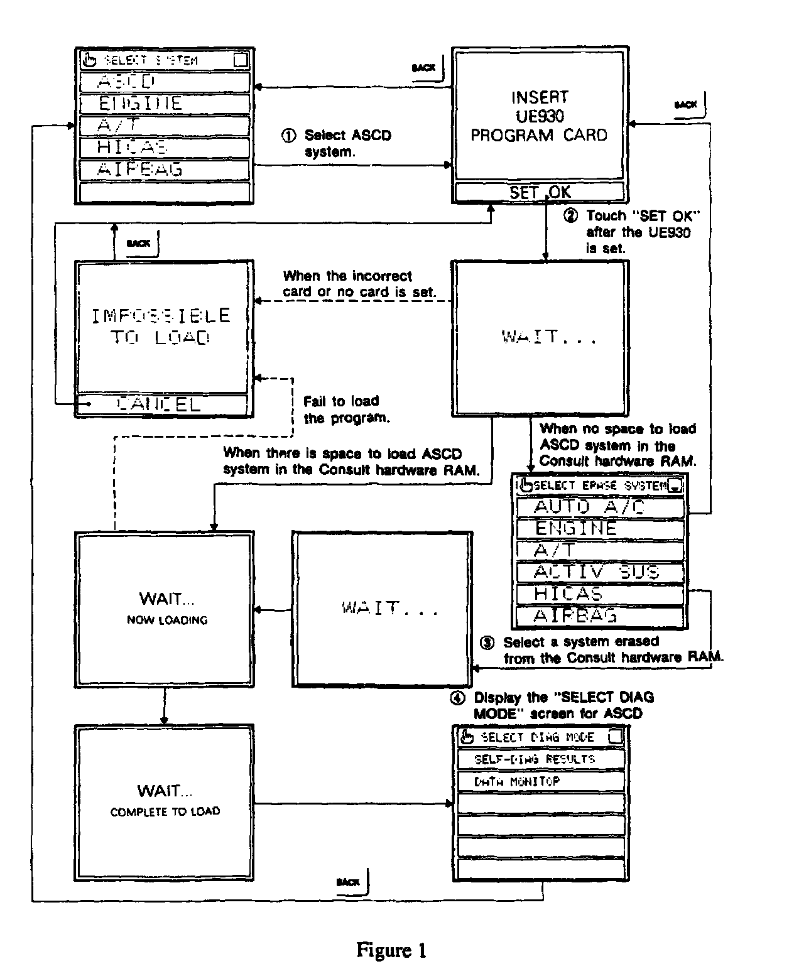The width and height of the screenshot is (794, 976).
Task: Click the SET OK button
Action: [540, 192]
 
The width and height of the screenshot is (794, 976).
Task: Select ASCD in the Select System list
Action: [165, 82]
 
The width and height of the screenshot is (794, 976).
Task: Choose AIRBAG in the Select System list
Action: [165, 170]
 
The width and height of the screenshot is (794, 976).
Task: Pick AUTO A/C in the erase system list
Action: [599, 507]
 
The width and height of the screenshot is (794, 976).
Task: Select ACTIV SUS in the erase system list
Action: [599, 572]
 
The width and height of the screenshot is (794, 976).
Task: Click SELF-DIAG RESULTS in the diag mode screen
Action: [540, 759]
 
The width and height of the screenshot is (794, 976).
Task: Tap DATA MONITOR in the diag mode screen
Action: [540, 781]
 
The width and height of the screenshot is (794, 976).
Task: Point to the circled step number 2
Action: [570, 216]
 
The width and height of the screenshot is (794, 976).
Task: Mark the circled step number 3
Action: [487, 643]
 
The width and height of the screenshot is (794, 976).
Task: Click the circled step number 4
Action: [459, 698]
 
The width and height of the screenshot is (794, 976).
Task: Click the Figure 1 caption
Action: [391, 950]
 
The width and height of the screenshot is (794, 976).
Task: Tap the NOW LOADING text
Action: [167, 620]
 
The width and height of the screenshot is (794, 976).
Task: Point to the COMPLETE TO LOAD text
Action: [165, 811]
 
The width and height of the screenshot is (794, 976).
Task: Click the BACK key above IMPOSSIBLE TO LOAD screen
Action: [139, 243]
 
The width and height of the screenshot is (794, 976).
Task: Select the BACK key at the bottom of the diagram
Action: [348, 882]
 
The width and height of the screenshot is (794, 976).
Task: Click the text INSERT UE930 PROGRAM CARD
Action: [539, 116]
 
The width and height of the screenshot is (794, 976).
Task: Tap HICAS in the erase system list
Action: [599, 594]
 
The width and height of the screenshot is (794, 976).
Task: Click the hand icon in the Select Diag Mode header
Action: [466, 737]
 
